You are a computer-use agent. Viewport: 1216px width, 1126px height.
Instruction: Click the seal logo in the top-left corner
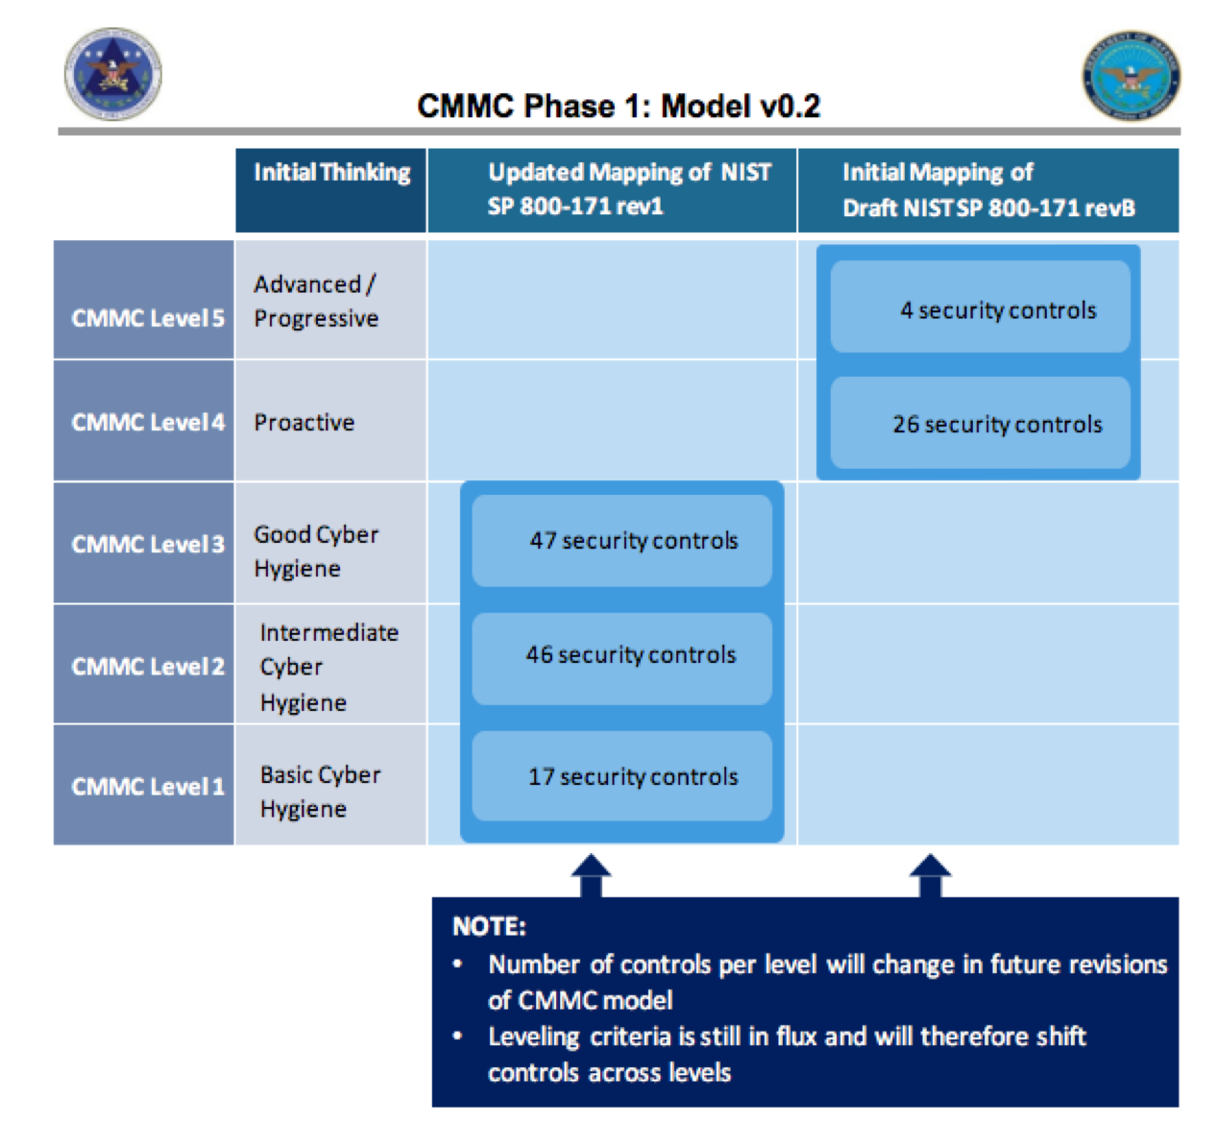tap(112, 74)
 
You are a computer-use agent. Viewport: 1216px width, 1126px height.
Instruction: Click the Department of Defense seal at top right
tap(1131, 75)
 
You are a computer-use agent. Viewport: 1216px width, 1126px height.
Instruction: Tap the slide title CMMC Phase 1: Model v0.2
tap(619, 106)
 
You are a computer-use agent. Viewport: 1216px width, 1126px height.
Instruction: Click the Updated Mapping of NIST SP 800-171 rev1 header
tap(612, 189)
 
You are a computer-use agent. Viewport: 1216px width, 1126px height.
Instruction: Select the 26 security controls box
tap(980, 424)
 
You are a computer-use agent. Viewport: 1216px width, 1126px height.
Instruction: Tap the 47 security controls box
tap(622, 541)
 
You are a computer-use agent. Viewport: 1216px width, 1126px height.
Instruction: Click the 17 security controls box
tap(622, 776)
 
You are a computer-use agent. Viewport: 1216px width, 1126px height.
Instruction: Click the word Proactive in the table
tap(304, 422)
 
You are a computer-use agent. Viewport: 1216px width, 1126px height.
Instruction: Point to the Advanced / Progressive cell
tap(317, 301)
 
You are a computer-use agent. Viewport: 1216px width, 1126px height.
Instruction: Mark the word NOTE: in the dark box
tap(489, 926)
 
